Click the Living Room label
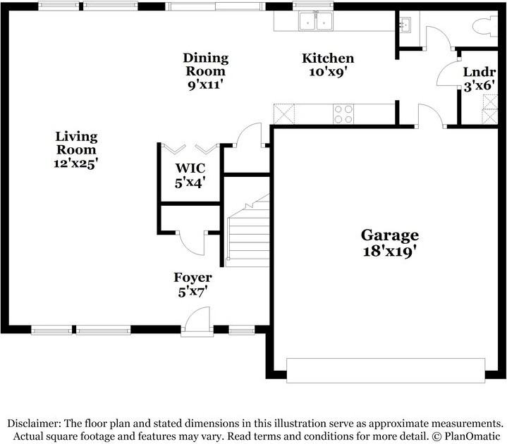pos(76,143)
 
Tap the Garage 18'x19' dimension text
pos(389,251)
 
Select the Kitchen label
pos(328,58)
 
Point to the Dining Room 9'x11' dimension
pos(206,85)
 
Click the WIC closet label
pos(190,168)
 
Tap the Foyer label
pos(193,277)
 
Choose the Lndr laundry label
pos(479,72)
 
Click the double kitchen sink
pos(316,21)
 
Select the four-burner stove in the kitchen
pos(343,114)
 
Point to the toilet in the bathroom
pos(485,26)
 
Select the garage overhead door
pos(386,370)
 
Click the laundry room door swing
pos(448,73)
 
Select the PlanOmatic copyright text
pos(467,436)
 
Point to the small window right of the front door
pos(242,330)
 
